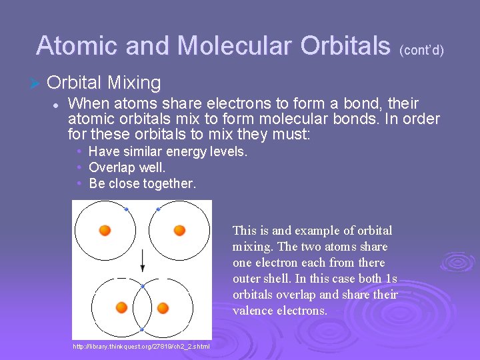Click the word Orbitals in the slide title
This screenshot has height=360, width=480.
[x=345, y=46]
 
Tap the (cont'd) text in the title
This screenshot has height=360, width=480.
[x=421, y=50]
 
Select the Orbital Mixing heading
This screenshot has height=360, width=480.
[x=104, y=83]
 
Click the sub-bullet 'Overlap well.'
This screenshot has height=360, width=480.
[x=127, y=167]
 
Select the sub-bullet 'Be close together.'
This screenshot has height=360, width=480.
[x=142, y=183]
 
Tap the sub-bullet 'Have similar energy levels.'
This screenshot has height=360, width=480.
[x=167, y=151]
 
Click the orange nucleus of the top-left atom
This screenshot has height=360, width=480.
[x=105, y=231]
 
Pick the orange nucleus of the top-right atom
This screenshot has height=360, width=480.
[x=179, y=231]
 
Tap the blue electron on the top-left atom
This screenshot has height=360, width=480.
[x=126, y=209]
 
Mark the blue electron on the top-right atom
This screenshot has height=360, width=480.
[x=158, y=209]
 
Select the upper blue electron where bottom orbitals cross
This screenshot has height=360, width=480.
[x=142, y=286]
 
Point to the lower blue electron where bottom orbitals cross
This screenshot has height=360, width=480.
[x=142, y=329]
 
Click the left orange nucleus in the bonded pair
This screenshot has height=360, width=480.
[x=121, y=307]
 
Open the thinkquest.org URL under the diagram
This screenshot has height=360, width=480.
[x=141, y=346]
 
